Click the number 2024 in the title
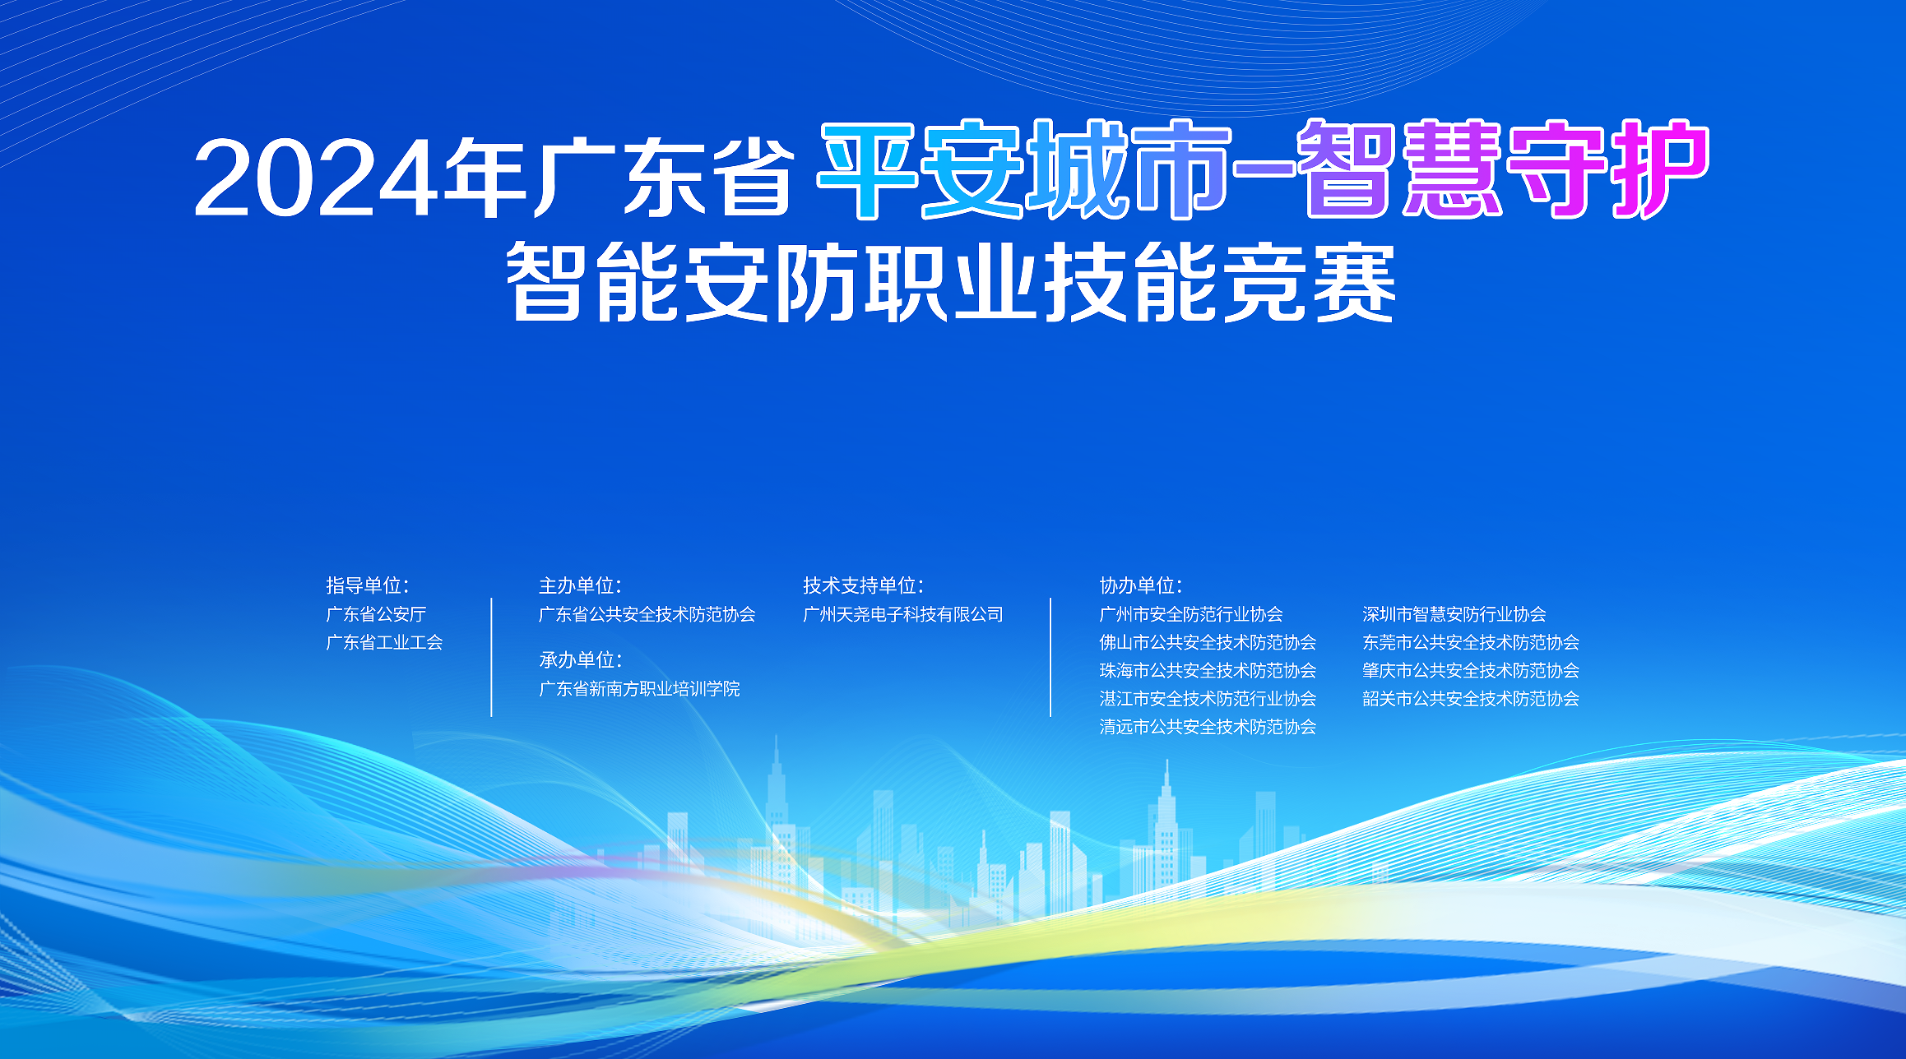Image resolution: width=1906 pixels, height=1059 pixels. click(315, 178)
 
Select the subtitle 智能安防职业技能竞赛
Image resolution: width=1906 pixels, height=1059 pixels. click(951, 282)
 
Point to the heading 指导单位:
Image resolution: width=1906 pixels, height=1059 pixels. click(367, 585)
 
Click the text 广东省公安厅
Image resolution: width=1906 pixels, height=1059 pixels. click(376, 614)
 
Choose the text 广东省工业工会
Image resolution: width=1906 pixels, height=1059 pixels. click(384, 642)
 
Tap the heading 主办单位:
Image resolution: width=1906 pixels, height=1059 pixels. click(580, 585)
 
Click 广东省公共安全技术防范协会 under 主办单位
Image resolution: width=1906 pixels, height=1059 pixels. click(647, 614)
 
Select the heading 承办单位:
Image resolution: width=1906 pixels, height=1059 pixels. click(580, 660)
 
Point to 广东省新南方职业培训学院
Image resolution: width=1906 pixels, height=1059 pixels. click(639, 689)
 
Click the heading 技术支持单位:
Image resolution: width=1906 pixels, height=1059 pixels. click(863, 585)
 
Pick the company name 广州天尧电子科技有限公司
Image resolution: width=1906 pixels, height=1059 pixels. click(903, 614)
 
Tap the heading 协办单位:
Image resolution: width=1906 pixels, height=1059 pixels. click(1140, 585)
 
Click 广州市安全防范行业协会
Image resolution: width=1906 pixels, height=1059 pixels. click(1191, 614)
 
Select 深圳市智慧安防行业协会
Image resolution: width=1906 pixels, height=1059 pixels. click(1454, 614)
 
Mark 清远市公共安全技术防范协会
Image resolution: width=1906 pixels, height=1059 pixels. click(1208, 727)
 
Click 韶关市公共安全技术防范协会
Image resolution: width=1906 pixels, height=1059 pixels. click(1471, 699)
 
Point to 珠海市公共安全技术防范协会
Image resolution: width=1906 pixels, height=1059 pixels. click(1208, 670)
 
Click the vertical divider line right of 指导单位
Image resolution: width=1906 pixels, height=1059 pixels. click(491, 657)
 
